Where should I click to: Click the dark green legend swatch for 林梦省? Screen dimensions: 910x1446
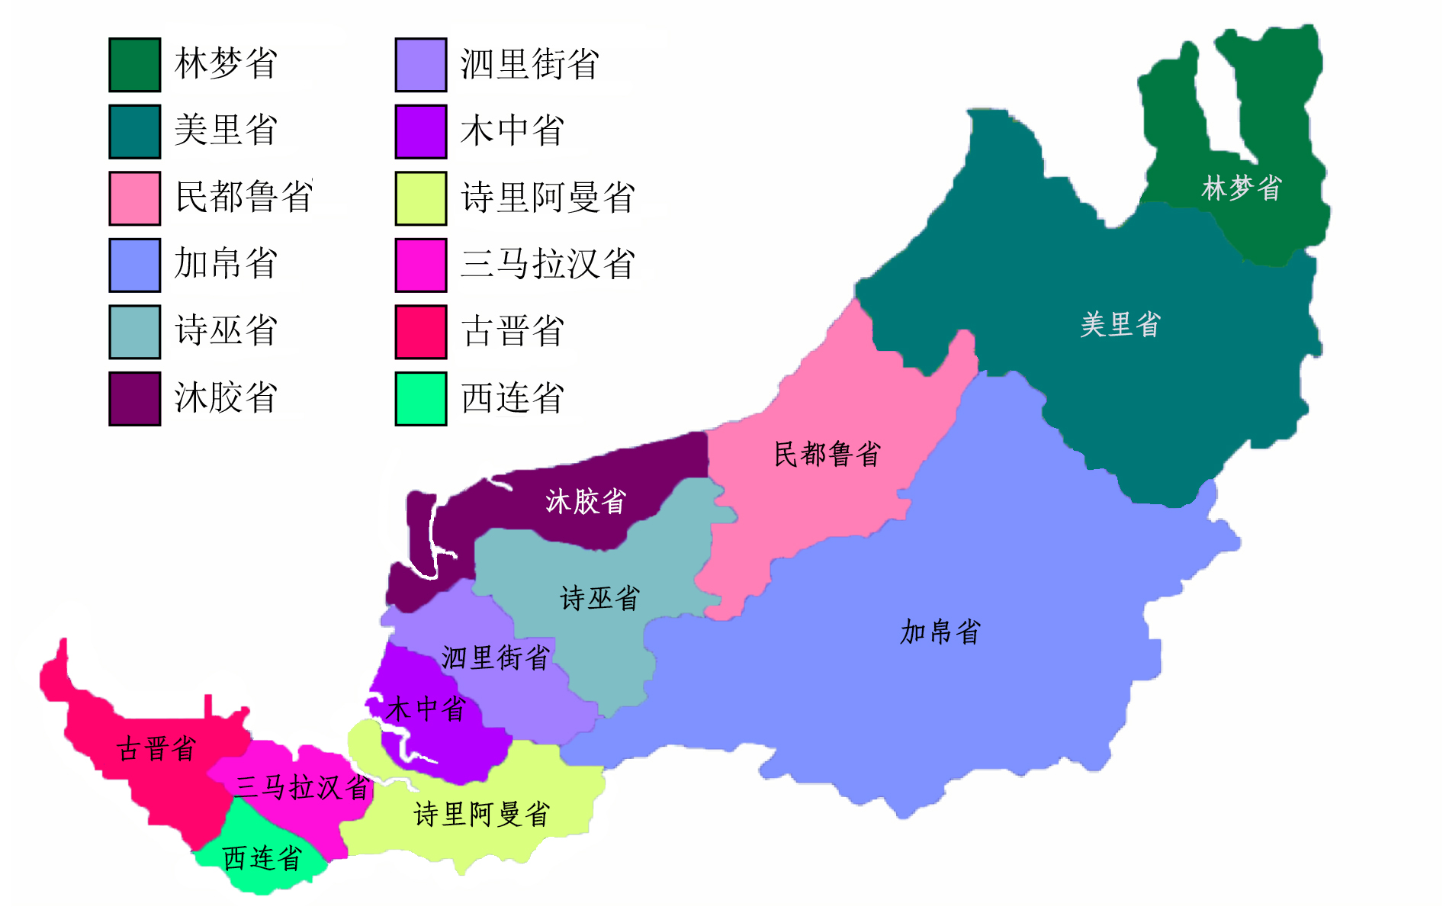click(x=134, y=65)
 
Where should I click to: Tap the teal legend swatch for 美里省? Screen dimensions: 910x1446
click(x=134, y=131)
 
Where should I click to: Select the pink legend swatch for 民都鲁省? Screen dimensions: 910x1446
click(x=134, y=198)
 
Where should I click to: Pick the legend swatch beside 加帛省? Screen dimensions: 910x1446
click(x=134, y=265)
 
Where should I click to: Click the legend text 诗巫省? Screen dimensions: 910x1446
click(x=226, y=330)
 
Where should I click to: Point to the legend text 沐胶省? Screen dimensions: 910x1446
click(x=226, y=397)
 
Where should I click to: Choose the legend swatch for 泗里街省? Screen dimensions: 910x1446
click(x=420, y=65)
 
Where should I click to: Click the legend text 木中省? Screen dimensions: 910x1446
click(x=512, y=130)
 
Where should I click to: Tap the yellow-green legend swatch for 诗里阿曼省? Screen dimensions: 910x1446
click(x=420, y=198)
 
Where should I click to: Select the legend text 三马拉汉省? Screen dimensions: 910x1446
click(x=548, y=264)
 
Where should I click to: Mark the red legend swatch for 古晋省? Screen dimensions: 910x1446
click(x=420, y=332)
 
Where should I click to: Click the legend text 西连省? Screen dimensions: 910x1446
click(x=512, y=397)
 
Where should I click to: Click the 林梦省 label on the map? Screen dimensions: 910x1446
click(x=1241, y=188)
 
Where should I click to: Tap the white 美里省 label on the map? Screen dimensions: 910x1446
click(x=1120, y=324)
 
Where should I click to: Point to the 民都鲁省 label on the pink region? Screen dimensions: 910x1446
click(x=827, y=454)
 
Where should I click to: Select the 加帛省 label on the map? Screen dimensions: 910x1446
click(x=940, y=632)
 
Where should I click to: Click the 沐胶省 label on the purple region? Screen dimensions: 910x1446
click(x=585, y=501)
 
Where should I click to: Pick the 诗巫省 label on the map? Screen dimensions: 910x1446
click(x=599, y=598)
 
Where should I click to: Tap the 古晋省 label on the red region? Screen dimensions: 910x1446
click(x=156, y=748)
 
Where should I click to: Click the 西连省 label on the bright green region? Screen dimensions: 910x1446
click(x=262, y=858)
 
